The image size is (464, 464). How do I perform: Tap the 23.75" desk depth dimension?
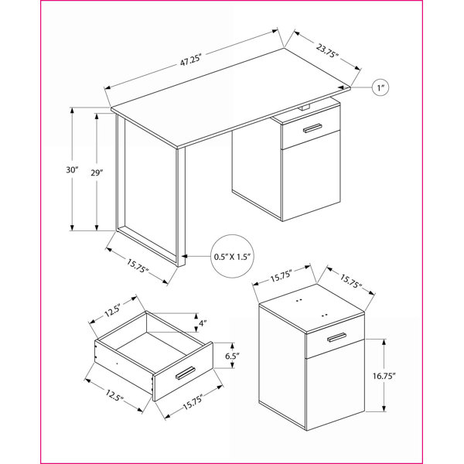point(327,50)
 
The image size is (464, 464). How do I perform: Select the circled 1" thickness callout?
point(380,87)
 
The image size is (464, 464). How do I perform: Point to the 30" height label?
point(72,170)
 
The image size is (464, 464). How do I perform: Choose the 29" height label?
point(97,172)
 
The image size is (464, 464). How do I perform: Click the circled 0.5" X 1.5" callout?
point(232,256)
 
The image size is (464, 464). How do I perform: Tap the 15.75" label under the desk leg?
point(138,266)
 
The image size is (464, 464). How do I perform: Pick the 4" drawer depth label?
point(203,323)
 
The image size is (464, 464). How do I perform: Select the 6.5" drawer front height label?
point(232,356)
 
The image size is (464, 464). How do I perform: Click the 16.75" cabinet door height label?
point(384,376)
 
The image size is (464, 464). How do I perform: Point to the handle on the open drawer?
point(185,373)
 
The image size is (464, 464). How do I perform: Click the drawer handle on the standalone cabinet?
point(336,337)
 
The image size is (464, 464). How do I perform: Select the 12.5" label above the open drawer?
point(112,310)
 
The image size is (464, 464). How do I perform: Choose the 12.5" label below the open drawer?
point(114,395)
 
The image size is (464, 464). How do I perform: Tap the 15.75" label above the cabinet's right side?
point(351,281)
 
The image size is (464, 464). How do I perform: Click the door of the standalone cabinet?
point(336,384)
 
